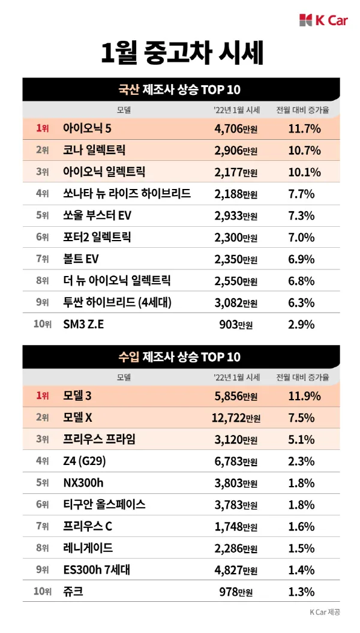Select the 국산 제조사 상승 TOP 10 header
tap(180, 90)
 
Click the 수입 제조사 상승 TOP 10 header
tap(180, 358)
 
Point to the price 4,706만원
tap(236, 128)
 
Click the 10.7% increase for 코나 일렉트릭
tap(305, 150)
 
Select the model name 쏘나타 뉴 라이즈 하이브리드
tap(127, 193)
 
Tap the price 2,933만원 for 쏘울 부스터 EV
tap(236, 215)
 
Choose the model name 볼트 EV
tap(81, 259)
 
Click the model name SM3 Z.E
tap(83, 325)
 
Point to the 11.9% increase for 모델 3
tap(305, 396)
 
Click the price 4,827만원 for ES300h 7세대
tap(236, 571)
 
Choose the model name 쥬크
tap(73, 592)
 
